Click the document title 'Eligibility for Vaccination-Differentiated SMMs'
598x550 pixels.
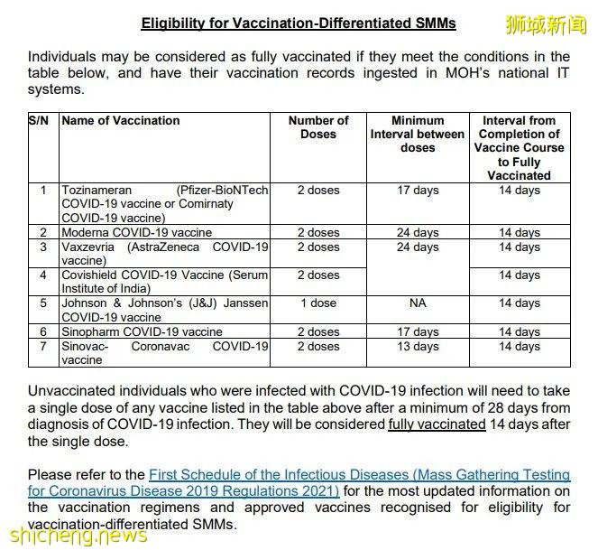[299, 23]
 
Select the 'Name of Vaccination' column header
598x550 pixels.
[121, 121]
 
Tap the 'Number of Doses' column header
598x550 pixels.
[317, 127]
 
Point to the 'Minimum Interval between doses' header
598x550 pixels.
[417, 134]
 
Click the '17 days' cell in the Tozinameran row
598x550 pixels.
[417, 191]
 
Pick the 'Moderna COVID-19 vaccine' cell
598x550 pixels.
[137, 233]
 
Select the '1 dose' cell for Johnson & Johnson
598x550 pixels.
[317, 303]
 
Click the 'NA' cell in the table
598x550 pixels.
[417, 303]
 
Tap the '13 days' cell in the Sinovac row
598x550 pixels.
[417, 346]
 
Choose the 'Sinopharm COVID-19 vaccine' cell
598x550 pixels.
[142, 332]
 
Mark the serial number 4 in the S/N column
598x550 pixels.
[43, 275]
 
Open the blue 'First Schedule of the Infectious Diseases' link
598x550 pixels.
[359, 475]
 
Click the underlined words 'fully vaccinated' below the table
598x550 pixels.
[437, 424]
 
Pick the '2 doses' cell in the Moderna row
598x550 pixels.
[317, 233]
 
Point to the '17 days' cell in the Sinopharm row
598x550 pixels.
[417, 332]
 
